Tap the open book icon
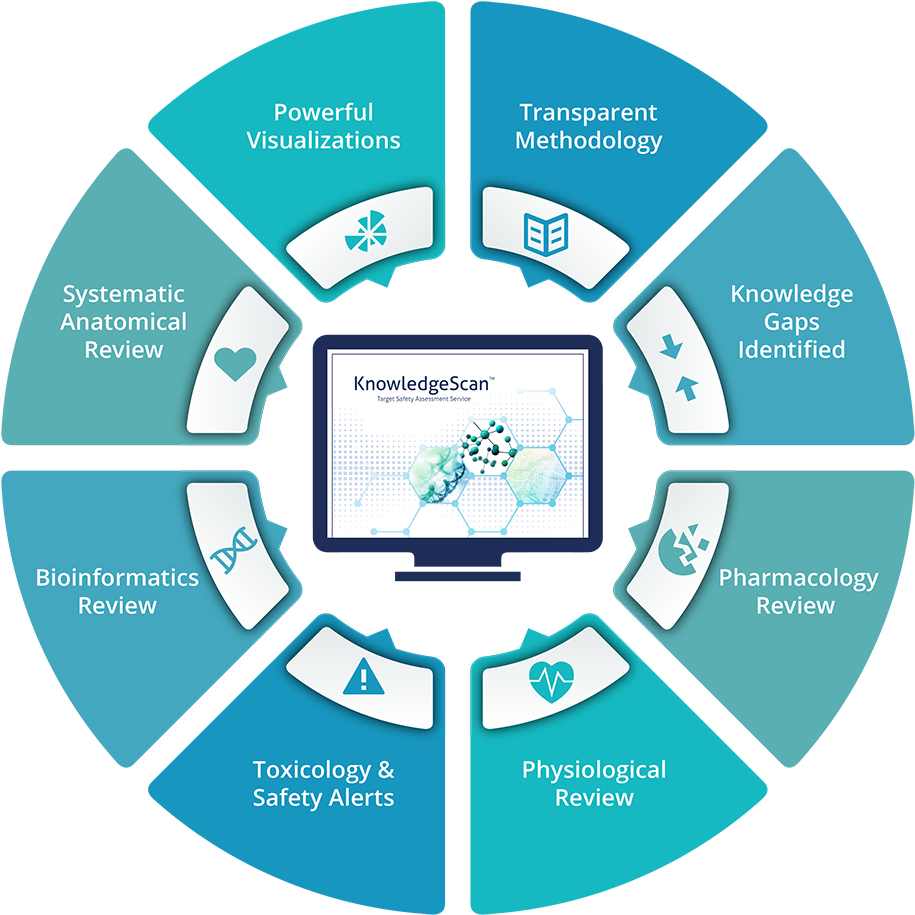pos(546,234)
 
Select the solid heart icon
pos(236,362)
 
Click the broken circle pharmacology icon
pos(683,549)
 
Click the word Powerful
pos(323,112)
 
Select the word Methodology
pos(588,140)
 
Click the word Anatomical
pos(123,322)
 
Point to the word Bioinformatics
pos(117,577)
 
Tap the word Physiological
pos(593,770)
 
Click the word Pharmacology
pos(798,577)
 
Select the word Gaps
pos(791,322)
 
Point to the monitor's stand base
pos(458,576)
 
